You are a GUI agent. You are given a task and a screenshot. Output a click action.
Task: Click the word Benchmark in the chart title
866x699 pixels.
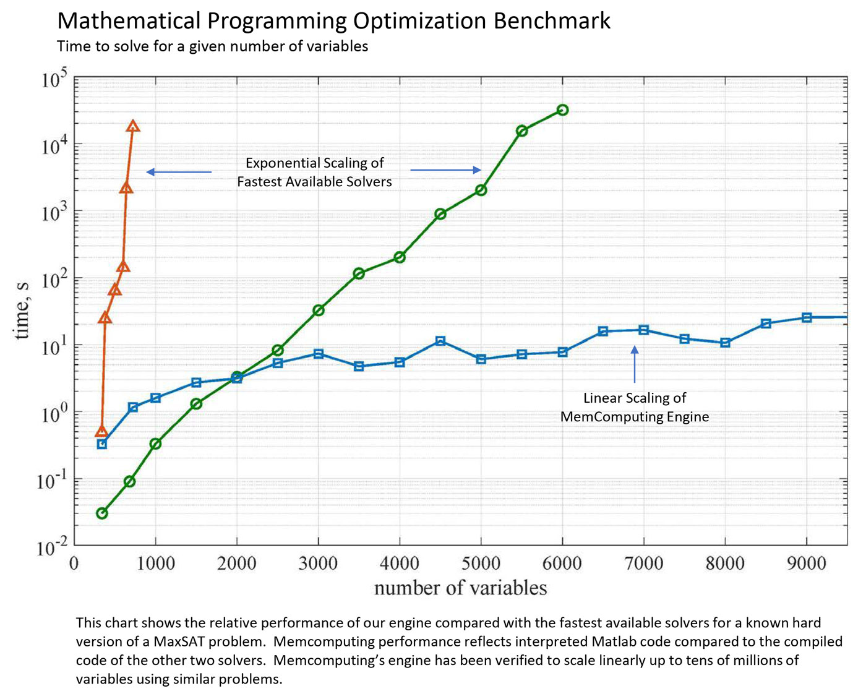click(552, 21)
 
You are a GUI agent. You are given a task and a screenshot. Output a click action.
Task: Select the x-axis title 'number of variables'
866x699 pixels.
click(460, 588)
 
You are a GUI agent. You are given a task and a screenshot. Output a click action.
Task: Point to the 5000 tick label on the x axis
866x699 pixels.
click(481, 564)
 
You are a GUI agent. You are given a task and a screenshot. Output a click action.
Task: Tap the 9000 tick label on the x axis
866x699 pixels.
click(806, 564)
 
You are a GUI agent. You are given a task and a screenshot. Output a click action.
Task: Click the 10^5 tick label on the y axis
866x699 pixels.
click(54, 80)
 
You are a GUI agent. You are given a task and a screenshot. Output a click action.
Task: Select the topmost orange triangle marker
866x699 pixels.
click(133, 126)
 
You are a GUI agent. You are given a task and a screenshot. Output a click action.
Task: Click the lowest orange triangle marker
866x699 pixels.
click(102, 431)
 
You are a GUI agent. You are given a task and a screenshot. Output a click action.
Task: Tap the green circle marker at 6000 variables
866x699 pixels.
click(562, 110)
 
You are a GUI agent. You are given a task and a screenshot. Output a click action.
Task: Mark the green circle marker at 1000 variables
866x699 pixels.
click(155, 444)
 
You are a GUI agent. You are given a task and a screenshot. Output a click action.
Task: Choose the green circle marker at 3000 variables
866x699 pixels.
click(319, 310)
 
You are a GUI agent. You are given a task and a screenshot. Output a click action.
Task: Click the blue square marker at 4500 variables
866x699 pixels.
click(440, 341)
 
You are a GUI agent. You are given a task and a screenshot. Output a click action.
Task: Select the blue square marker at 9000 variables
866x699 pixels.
click(807, 317)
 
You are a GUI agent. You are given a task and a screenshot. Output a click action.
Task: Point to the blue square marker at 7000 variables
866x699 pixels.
click(644, 330)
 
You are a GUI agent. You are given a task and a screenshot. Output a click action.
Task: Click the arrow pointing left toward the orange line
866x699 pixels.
click(179, 172)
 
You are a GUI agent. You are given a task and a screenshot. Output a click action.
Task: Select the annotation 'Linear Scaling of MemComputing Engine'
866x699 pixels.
click(635, 407)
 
